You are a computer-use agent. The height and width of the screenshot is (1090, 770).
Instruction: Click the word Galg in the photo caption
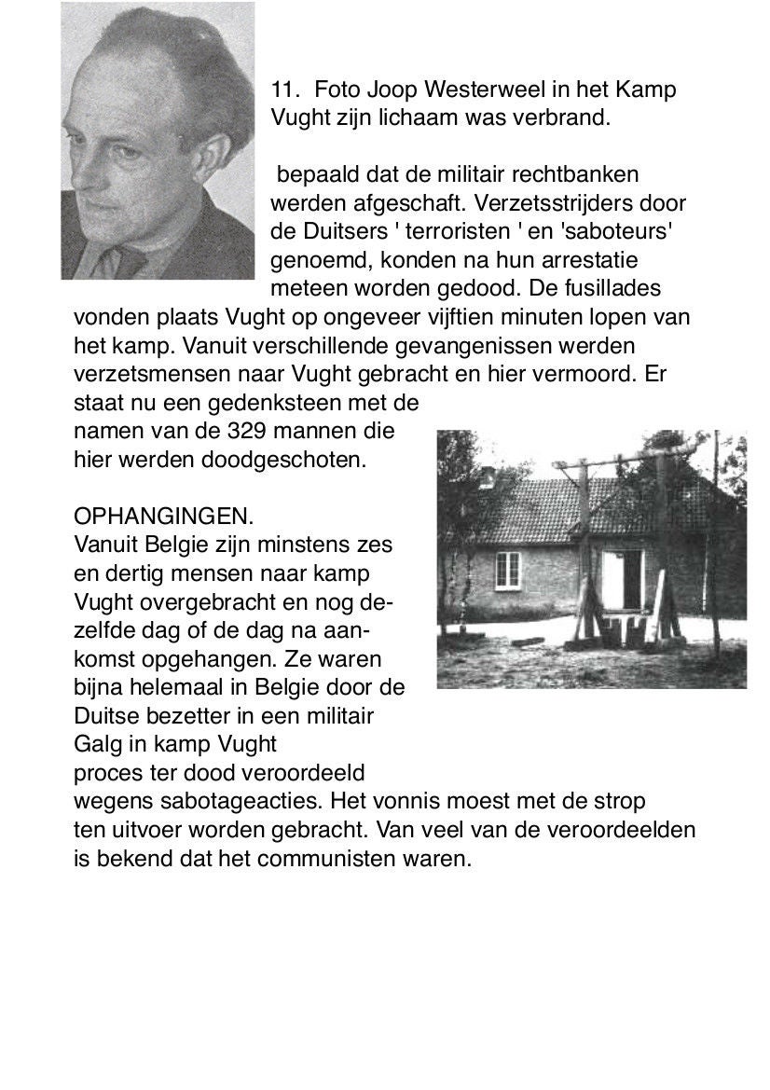pyautogui.click(x=96, y=744)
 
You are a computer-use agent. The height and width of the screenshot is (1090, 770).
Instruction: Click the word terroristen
pyautogui.click(x=449, y=231)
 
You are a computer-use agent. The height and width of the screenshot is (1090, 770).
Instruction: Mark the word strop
pyautogui.click(x=619, y=801)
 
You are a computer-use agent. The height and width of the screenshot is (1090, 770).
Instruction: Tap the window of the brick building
pyautogui.click(x=507, y=569)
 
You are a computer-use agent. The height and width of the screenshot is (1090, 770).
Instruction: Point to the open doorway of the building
pyautogui.click(x=623, y=578)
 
